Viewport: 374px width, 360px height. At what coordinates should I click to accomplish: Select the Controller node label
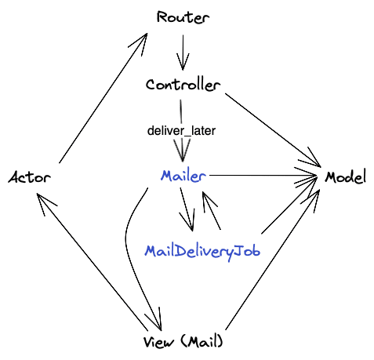coord(183,85)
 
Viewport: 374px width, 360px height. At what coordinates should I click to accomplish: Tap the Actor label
coord(29,177)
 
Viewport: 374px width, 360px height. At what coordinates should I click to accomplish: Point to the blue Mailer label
coord(183,176)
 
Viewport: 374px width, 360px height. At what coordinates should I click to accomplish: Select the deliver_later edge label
coord(181,130)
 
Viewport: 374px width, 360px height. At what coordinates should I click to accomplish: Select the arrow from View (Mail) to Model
coord(274,259)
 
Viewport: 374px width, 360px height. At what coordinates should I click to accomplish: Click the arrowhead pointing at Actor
coord(44,203)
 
